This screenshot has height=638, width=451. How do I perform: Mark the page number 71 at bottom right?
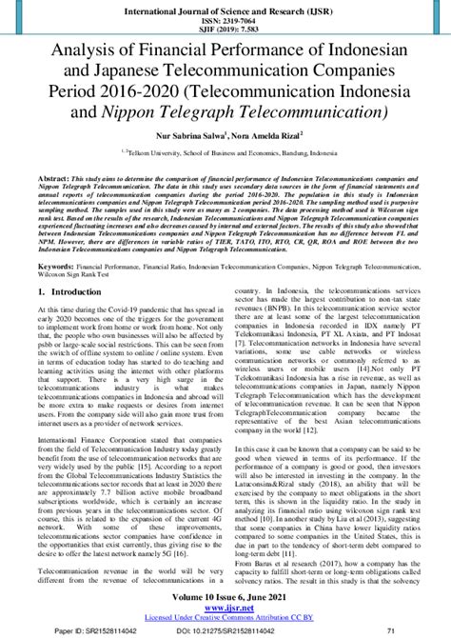pyautogui.click(x=417, y=630)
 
